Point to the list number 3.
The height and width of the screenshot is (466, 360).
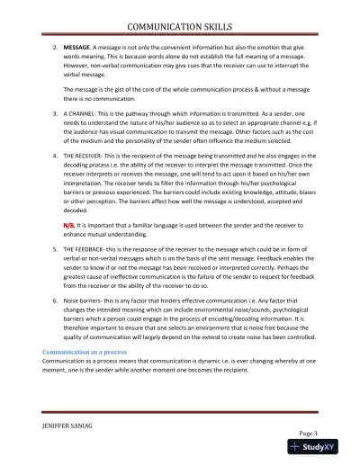[55, 115]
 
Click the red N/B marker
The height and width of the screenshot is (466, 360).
[68, 222]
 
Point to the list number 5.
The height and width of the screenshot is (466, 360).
[55, 248]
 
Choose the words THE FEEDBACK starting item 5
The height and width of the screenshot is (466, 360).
[91, 248]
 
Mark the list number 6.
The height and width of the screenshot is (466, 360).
[55, 301]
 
